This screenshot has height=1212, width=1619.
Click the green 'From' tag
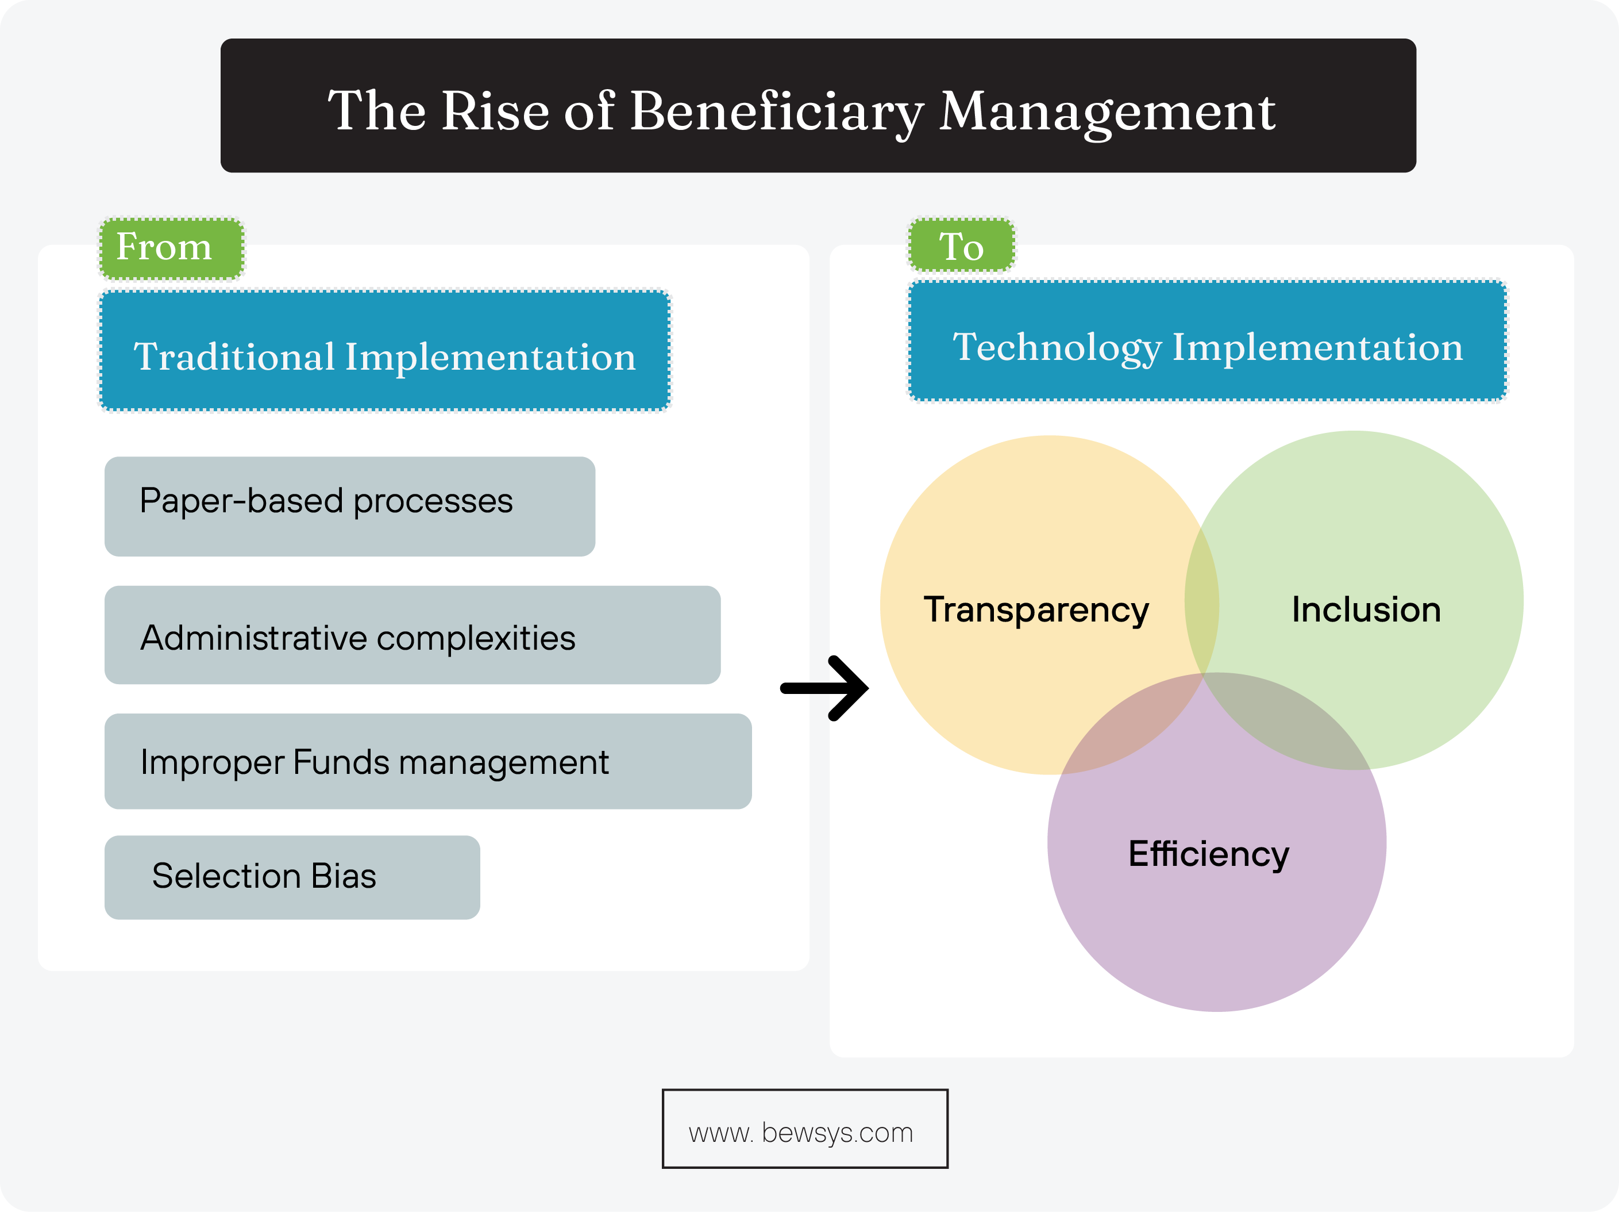pyautogui.click(x=171, y=248)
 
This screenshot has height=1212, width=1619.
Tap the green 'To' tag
pyautogui.click(x=961, y=246)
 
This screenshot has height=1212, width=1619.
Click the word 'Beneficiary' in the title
pyautogui.click(x=776, y=112)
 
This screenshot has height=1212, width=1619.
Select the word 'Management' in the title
pyautogui.click(x=1107, y=112)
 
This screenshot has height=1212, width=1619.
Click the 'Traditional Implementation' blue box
pyautogui.click(x=384, y=351)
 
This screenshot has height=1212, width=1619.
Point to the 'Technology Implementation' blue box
pyautogui.click(x=1207, y=342)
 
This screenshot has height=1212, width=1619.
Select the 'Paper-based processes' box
pyautogui.click(x=349, y=506)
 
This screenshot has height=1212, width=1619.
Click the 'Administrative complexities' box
pyautogui.click(x=411, y=635)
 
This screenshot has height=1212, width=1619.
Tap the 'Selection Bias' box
pyautogui.click(x=291, y=877)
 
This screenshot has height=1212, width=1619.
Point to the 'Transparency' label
pyautogui.click(x=1036, y=609)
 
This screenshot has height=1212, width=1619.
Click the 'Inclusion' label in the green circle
pyautogui.click(x=1366, y=609)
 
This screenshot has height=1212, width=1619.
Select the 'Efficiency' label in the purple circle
pyautogui.click(x=1208, y=854)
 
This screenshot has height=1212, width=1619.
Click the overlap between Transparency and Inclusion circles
pyautogui.click(x=1201, y=600)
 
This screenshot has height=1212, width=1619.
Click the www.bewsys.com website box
pyautogui.click(x=804, y=1128)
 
